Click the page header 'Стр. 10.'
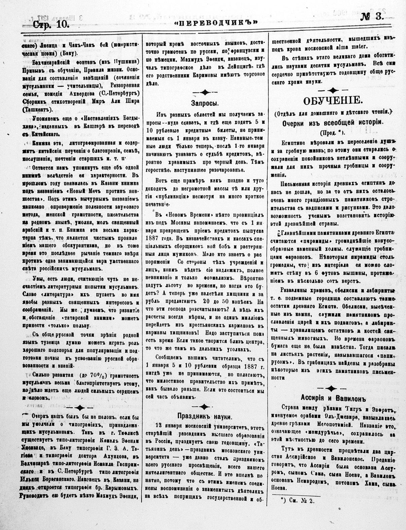coord(51,25)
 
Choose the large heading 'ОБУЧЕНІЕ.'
coord(333,101)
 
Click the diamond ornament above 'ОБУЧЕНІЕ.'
coord(333,90)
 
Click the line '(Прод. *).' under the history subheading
coord(332,132)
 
